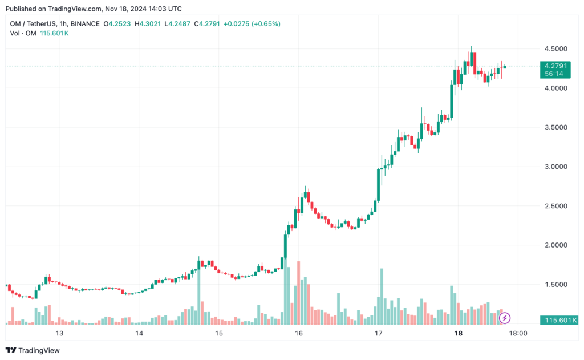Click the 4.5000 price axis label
tap(556, 49)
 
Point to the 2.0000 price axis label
tap(556, 245)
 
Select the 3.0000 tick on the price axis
tap(556, 167)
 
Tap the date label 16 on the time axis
tap(298, 333)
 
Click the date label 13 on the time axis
tap(58, 333)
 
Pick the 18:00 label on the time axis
tap(517, 333)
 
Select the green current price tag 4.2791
tap(555, 66)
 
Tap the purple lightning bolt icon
tap(505, 318)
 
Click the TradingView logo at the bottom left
tap(33, 350)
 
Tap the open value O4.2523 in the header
tap(117, 24)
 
